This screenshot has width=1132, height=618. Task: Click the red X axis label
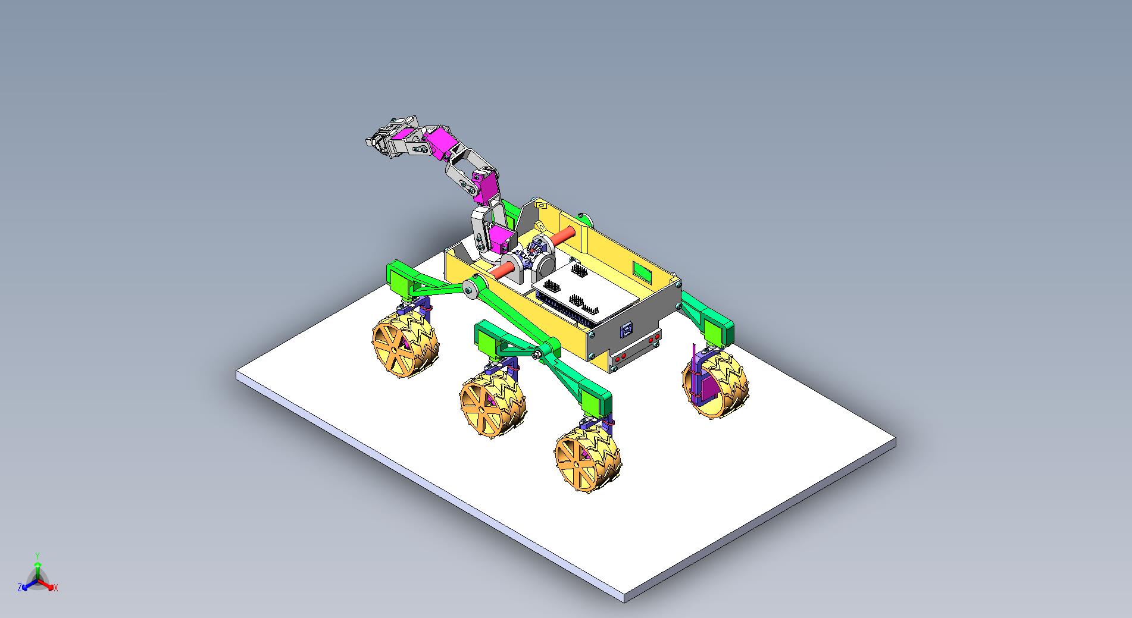pyautogui.click(x=56, y=588)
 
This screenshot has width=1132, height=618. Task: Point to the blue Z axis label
pyautogui.click(x=20, y=587)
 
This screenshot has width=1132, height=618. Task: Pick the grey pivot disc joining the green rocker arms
pyautogui.click(x=471, y=290)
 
